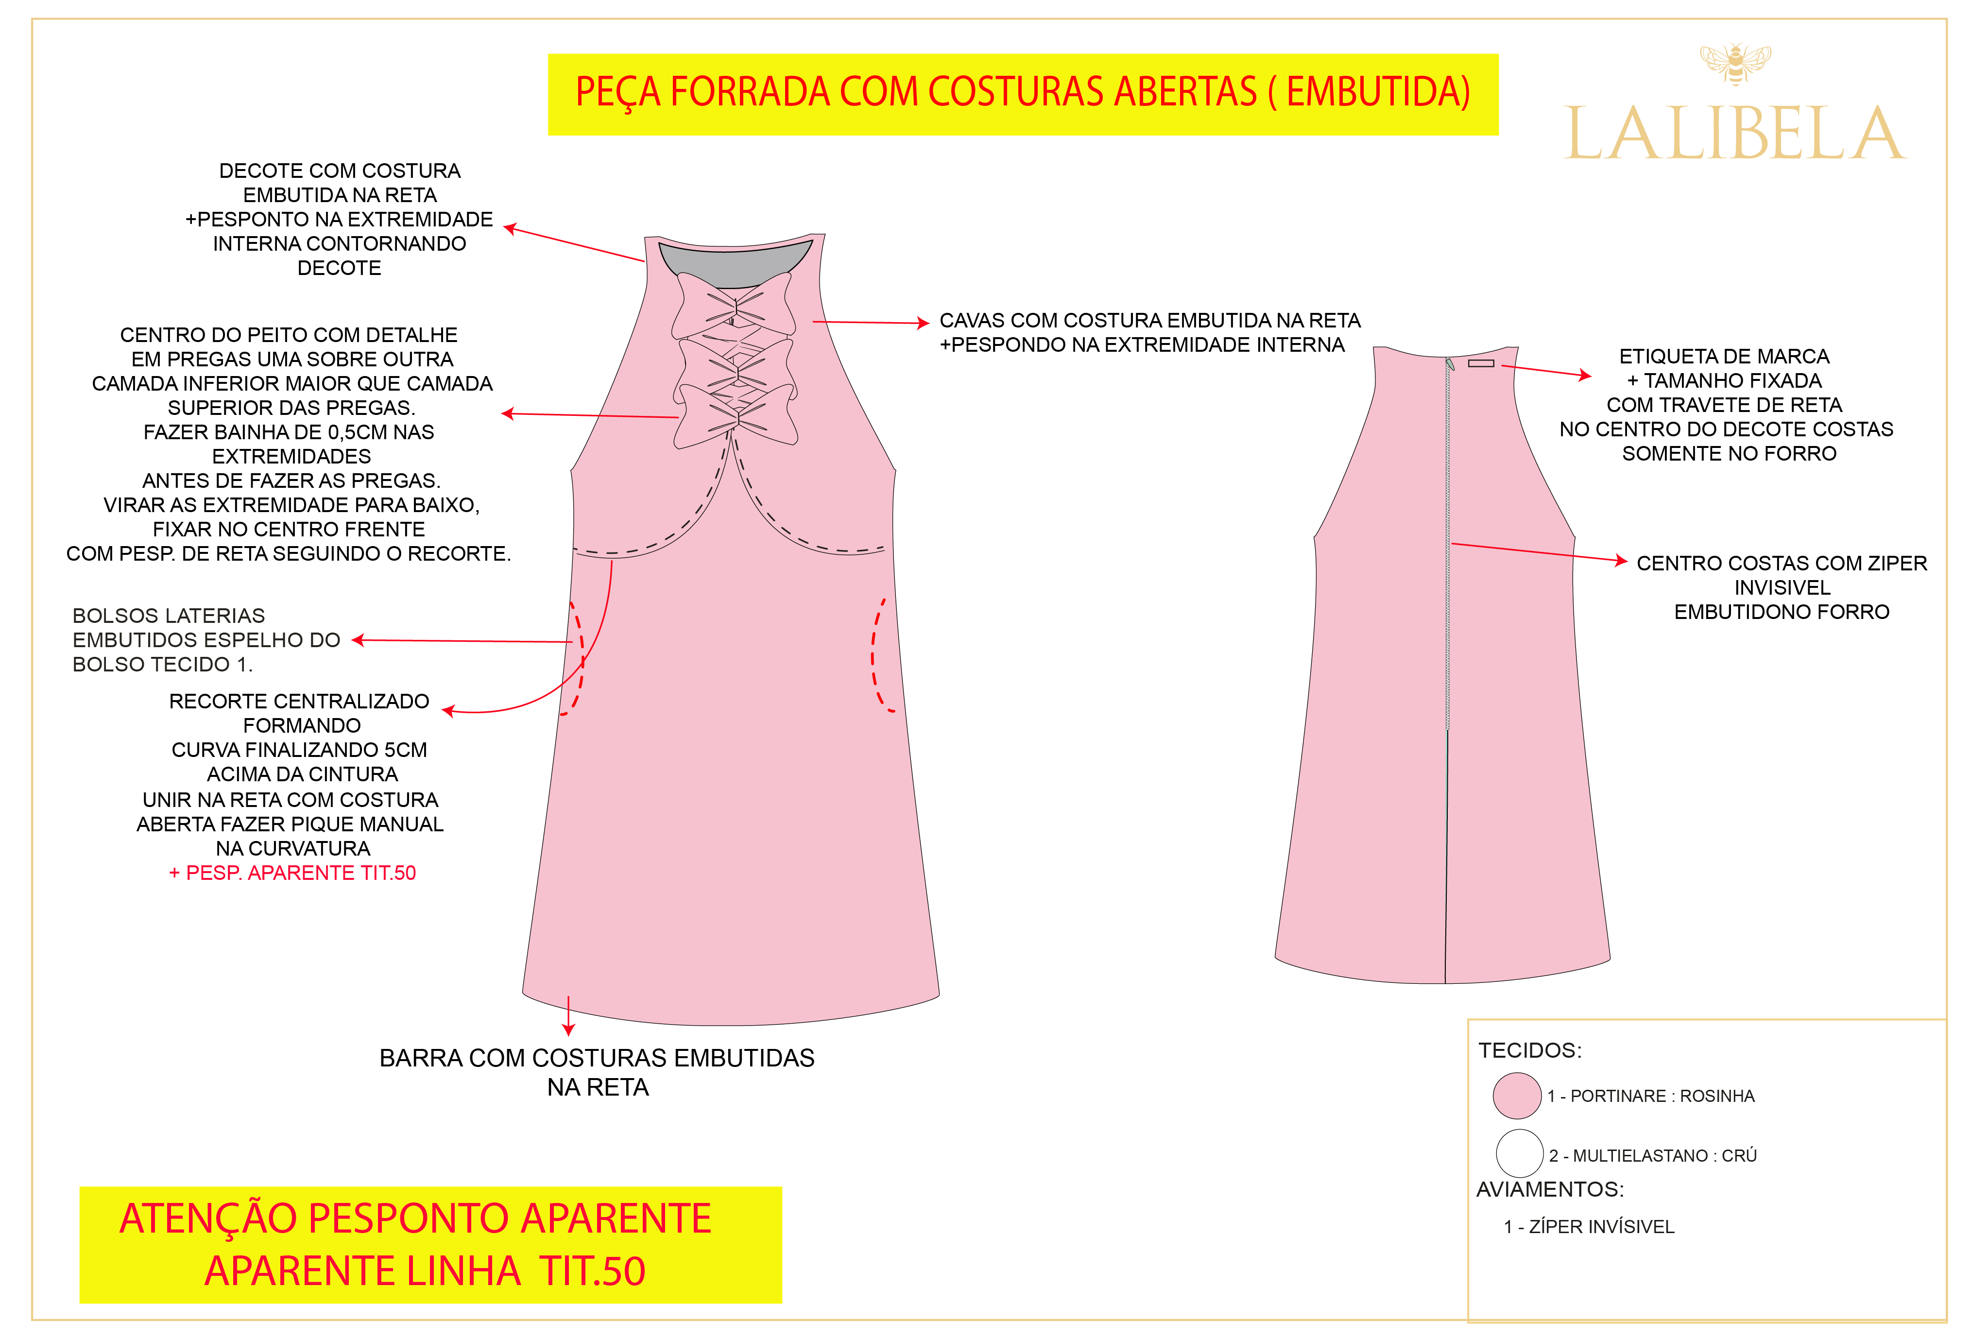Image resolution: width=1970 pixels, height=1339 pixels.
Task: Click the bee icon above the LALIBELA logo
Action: pyautogui.click(x=1735, y=64)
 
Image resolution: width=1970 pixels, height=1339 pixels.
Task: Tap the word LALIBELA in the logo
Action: pyautogui.click(x=1735, y=135)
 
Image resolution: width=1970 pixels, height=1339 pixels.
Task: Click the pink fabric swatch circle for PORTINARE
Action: pyautogui.click(x=1517, y=1096)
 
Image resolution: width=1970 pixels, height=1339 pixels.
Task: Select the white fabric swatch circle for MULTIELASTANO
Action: pyautogui.click(x=1519, y=1153)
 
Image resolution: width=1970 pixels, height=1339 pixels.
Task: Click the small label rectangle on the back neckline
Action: pyautogui.click(x=1481, y=363)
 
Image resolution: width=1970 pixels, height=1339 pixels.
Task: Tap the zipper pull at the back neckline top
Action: pyautogui.click(x=1450, y=364)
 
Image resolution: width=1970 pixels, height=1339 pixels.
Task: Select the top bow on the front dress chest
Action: pyautogui.click(x=734, y=305)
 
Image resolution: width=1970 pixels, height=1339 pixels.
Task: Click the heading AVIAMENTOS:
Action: pyautogui.click(x=1550, y=1189)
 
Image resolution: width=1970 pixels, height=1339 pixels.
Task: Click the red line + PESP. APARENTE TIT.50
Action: pyautogui.click(x=292, y=873)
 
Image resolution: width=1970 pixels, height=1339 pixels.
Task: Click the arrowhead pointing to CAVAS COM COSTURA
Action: pyautogui.click(x=924, y=323)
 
